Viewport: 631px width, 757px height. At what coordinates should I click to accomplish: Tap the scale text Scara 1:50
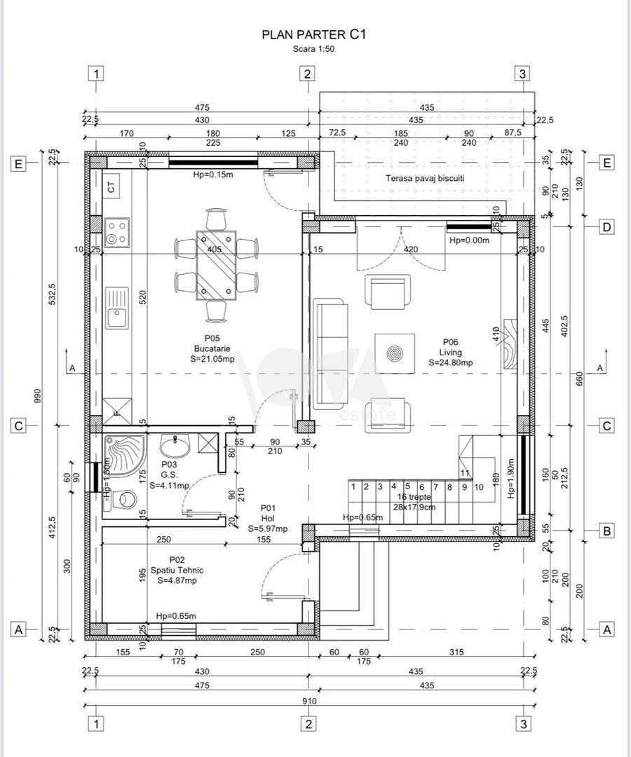[x=313, y=49]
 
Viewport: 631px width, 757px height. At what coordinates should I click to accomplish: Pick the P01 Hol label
[x=267, y=518]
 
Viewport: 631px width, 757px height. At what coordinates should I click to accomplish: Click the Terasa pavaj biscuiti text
[x=425, y=178]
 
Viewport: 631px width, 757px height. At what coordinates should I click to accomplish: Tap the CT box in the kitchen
[x=111, y=187]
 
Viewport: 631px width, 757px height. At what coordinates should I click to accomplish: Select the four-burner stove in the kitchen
[x=116, y=232]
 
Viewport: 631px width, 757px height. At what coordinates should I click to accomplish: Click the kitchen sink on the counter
[x=116, y=308]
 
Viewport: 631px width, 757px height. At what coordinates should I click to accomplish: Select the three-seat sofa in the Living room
[x=328, y=353]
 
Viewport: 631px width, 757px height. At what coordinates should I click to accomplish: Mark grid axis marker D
[x=607, y=226]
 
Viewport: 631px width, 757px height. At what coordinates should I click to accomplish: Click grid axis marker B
[x=607, y=532]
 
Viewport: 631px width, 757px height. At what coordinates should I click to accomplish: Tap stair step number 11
[x=464, y=473]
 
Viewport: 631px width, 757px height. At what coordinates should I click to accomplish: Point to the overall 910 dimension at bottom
[x=309, y=701]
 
